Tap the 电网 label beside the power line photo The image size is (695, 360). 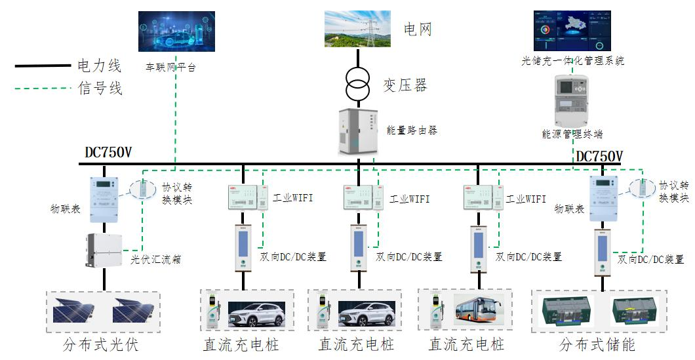coord(418,30)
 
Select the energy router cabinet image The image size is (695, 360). coord(358,132)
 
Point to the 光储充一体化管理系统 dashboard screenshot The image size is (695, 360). coord(572,30)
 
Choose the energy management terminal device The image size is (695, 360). coord(572,102)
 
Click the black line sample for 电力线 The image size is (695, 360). coord(43,66)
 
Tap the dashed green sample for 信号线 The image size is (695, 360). coord(43,88)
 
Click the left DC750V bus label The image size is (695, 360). coord(108,153)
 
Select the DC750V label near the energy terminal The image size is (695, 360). coord(599,156)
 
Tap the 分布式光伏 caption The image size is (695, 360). coord(101,344)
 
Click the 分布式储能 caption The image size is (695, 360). coord(597,344)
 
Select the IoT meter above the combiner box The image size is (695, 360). coord(103,192)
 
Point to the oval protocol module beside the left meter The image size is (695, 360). coord(142,189)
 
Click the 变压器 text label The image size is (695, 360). coord(405,85)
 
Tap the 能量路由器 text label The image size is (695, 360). coord(412,130)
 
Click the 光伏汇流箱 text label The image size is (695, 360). coord(155,259)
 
